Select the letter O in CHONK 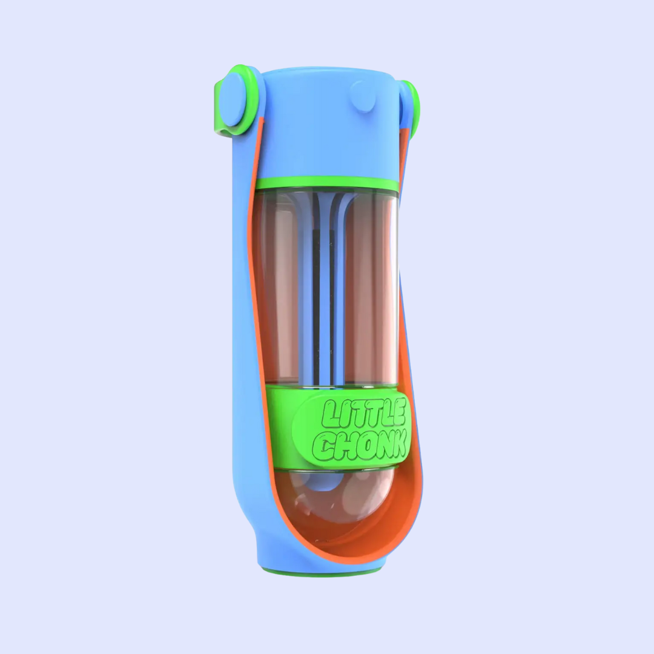click(x=358, y=446)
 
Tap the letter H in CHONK click(x=342, y=446)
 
